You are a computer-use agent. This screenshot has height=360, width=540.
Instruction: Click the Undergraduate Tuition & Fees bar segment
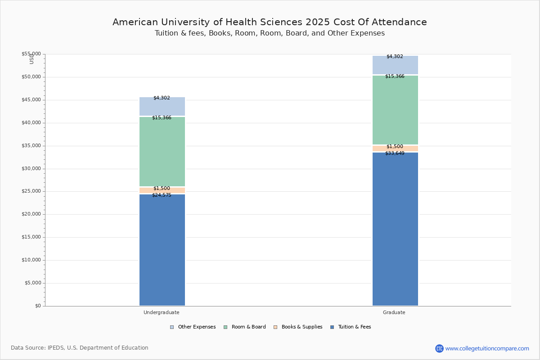162,250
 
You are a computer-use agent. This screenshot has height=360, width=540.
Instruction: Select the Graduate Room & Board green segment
395,110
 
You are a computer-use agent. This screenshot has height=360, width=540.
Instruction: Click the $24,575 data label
162,195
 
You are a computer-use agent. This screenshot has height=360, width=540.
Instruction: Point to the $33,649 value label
395,153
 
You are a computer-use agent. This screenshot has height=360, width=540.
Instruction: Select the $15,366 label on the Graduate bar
395,76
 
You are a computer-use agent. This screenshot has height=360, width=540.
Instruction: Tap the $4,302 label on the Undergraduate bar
162,98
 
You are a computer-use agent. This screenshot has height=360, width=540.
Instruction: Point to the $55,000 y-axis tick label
31,54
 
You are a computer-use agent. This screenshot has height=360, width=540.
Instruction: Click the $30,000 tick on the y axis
31,169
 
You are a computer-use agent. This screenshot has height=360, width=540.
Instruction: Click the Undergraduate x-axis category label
162,312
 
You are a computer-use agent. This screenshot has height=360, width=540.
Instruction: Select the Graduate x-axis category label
394,312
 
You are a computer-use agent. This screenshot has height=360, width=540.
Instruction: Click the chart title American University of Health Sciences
270,22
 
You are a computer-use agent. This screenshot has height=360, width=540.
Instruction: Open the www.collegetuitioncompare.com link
487,348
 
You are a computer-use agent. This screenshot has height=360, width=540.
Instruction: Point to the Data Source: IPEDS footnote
80,348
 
